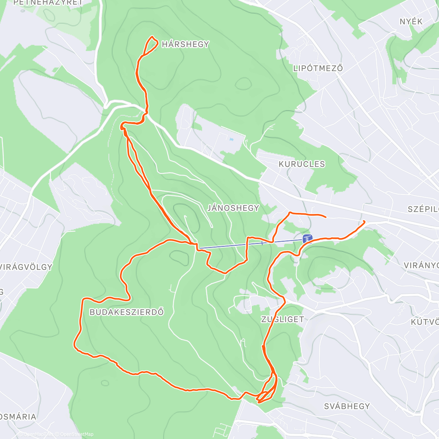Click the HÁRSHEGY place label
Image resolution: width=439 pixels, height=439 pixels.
click(x=185, y=44)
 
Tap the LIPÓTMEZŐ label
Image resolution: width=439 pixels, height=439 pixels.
click(x=318, y=68)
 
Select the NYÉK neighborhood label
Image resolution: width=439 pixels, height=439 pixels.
click(x=411, y=22)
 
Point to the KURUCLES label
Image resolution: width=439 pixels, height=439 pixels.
click(x=301, y=164)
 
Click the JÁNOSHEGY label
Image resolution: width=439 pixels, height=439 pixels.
click(x=233, y=208)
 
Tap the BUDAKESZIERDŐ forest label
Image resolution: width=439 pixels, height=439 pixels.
click(x=127, y=312)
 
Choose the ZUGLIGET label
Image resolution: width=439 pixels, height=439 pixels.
click(x=282, y=319)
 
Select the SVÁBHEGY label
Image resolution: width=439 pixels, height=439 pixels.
click(x=347, y=406)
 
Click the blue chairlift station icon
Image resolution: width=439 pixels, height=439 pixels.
click(x=307, y=239)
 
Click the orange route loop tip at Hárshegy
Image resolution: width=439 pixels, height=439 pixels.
click(x=152, y=37)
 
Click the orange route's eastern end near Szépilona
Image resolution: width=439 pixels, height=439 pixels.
click(x=364, y=221)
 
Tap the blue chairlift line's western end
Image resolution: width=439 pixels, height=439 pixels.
click(x=200, y=248)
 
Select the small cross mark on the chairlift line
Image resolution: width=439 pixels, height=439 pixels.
click(x=262, y=243)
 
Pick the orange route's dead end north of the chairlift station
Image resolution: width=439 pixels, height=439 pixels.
click(x=325, y=217)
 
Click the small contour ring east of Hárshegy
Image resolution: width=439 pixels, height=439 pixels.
click(x=243, y=84)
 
